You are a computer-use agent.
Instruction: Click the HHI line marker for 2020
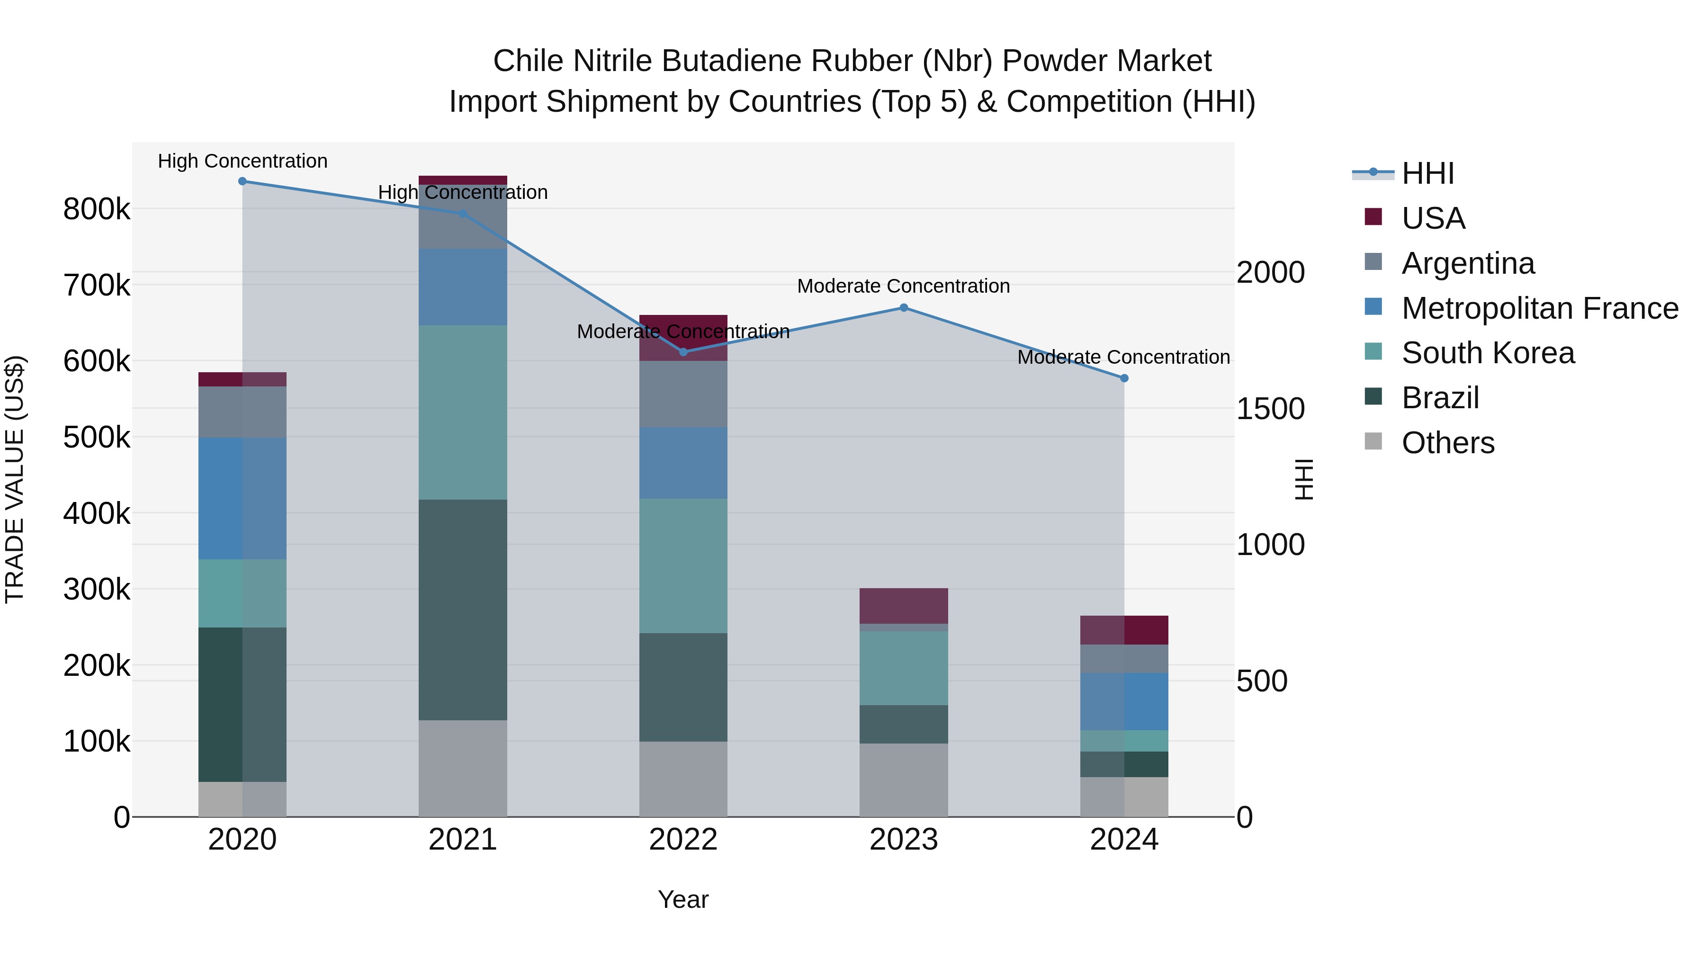tap(242, 181)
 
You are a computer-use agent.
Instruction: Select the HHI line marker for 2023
tap(904, 308)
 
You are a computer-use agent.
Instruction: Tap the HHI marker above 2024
tap(1124, 378)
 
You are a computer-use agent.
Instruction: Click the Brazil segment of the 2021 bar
tap(463, 609)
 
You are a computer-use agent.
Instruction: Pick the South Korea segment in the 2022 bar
tap(683, 566)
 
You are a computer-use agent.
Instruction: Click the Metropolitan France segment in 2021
tap(463, 287)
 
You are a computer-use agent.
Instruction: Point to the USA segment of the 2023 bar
tap(904, 606)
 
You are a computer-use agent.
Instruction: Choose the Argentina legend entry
tap(1467, 263)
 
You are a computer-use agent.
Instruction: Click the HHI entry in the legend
tap(1427, 173)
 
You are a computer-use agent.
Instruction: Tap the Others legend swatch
tap(1373, 441)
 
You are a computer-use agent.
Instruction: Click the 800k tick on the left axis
tap(97, 210)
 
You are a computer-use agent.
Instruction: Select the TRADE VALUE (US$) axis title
tap(15, 479)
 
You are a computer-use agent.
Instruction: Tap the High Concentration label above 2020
tap(242, 161)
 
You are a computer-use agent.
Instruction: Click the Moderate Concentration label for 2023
tap(904, 287)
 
